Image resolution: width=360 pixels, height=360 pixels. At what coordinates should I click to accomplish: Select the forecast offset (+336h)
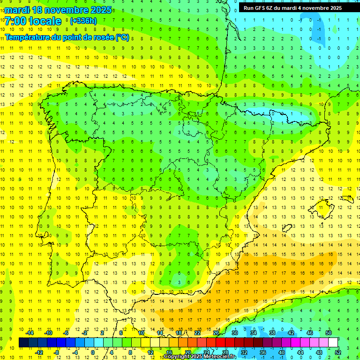pyautogui.click(x=83, y=21)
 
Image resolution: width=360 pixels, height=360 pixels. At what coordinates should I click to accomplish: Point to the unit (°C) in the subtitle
pyautogui.click(x=122, y=37)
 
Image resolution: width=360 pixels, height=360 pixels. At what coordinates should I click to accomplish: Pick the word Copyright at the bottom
pyautogui.click(x=178, y=357)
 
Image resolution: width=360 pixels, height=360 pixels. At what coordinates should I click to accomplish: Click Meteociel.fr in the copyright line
pyautogui.click(x=220, y=357)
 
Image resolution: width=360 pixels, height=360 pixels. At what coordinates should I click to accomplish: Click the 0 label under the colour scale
pyautogui.click(x=93, y=352)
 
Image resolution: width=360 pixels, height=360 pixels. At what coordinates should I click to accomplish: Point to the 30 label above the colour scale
pyautogui.click(x=235, y=333)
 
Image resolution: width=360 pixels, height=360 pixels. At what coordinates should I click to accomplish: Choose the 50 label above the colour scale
pyautogui.click(x=329, y=333)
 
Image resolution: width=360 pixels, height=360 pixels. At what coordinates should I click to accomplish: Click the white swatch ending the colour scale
pyautogui.click(x=333, y=343)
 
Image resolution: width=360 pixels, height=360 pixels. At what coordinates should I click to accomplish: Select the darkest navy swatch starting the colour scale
pyautogui.click(x=23, y=343)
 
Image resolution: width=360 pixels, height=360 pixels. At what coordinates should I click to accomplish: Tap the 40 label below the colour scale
pyautogui.click(x=282, y=352)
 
